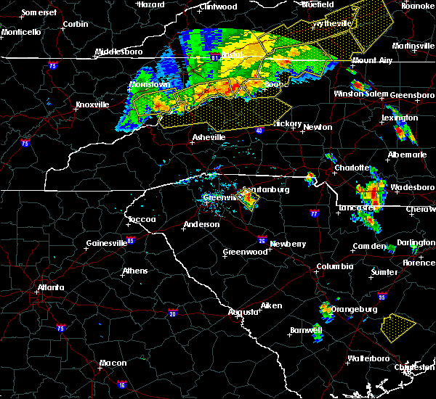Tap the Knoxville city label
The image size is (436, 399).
(x=92, y=104)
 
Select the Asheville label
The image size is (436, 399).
(x=209, y=137)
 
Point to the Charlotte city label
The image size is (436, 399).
(x=351, y=168)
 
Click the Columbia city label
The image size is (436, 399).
(x=334, y=267)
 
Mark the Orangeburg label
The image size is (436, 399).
(x=353, y=310)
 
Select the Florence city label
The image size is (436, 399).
(x=419, y=263)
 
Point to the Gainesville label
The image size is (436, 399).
(x=106, y=243)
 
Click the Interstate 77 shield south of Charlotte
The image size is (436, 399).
(x=314, y=214)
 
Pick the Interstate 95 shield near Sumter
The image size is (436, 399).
(x=383, y=297)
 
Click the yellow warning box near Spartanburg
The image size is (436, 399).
(x=249, y=199)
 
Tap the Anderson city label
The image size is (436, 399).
(x=201, y=225)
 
